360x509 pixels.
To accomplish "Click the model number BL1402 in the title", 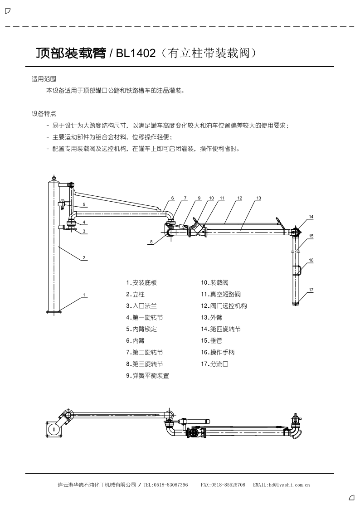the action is click(136, 53).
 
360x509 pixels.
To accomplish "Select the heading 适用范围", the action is click(44, 79).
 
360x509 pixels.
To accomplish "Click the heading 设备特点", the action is click(44, 114).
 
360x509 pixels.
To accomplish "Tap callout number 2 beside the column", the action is click(84, 258).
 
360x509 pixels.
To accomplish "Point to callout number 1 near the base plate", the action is click(84, 295).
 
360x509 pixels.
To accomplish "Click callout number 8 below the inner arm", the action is click(151, 242).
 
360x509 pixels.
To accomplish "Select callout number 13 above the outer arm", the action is click(259, 198).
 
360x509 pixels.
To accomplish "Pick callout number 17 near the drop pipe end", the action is click(311, 290).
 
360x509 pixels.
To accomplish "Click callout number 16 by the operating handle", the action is click(311, 260).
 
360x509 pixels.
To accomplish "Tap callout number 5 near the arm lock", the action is click(84, 204).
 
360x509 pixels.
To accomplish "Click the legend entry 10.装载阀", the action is click(214, 283).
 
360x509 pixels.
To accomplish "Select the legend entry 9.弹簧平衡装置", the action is click(148, 376).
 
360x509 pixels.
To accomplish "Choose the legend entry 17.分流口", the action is click(214, 364).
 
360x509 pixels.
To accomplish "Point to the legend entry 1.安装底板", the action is click(141, 283).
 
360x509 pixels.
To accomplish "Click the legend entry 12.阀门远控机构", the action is click(224, 306).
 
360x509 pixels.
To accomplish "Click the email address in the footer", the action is click(282, 485).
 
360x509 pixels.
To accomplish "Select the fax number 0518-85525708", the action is click(228, 485).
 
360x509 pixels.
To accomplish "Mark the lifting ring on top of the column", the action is click(54, 178).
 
